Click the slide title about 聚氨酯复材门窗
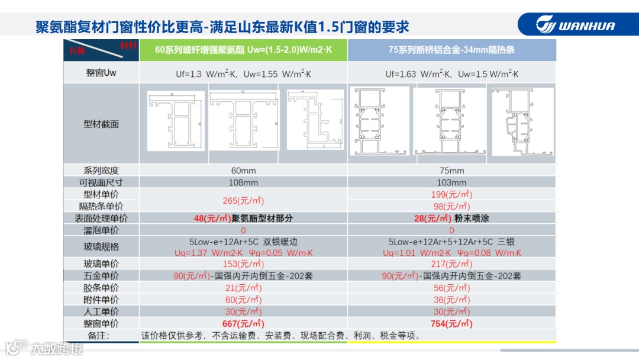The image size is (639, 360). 222,27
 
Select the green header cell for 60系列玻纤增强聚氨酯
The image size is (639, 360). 243,50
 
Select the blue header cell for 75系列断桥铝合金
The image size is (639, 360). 451,50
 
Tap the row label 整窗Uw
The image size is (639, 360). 101,74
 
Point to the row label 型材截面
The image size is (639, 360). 101,124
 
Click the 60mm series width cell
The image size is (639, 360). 243,171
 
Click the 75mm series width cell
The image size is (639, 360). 451,171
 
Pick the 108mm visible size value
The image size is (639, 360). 243,182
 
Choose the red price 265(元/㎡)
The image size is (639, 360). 243,200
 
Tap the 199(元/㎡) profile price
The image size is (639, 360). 451,194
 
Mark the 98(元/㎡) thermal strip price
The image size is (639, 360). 451,206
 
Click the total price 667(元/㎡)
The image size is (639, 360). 243,323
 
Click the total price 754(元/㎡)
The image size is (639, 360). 451,323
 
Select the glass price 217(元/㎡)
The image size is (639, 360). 451,264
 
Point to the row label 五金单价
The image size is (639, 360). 101,276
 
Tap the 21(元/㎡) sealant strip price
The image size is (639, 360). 243,288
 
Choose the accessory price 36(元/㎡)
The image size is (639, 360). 451,300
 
